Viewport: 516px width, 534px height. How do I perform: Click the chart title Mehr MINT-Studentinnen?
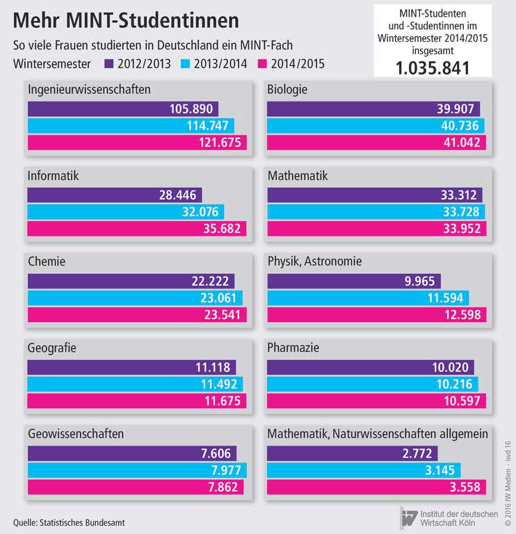point(122,18)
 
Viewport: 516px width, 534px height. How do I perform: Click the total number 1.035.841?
point(433,67)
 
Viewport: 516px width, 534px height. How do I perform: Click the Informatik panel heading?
point(54,176)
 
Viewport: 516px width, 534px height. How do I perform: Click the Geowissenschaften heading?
point(76,433)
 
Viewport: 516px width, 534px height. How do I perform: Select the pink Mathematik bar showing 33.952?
point(376,229)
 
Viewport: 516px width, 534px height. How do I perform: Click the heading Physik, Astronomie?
point(315,261)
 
